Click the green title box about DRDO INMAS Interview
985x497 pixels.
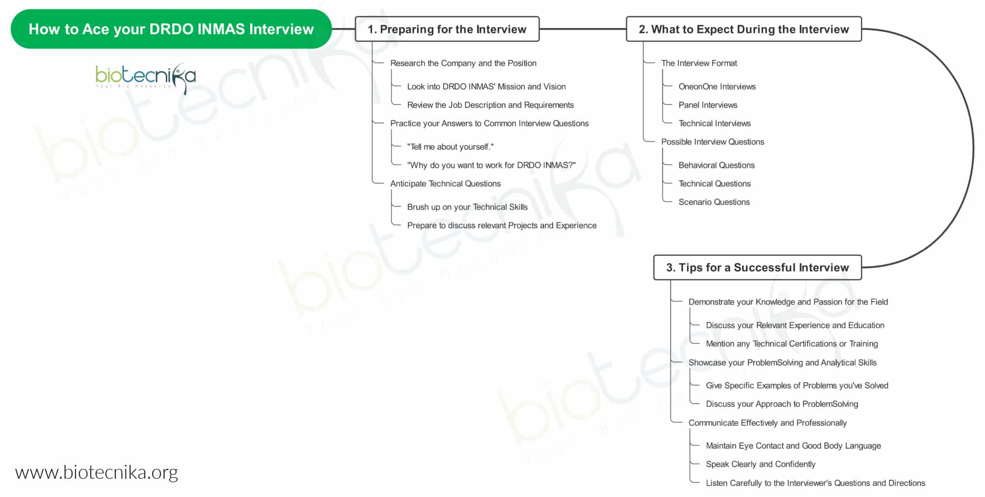171,29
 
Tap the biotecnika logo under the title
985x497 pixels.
146,77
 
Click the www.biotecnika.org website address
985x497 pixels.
97,472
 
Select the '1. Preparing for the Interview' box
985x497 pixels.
447,29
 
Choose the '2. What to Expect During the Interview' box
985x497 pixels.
744,29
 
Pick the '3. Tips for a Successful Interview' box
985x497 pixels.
757,267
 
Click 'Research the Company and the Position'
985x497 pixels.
463,63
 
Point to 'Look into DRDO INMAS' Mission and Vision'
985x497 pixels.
487,86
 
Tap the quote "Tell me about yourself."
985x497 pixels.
450,147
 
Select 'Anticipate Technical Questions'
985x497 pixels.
445,183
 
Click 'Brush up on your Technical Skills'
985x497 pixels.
467,207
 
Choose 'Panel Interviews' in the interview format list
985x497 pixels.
708,105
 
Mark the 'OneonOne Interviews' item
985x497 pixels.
717,86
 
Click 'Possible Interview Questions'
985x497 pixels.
713,142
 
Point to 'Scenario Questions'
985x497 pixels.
714,202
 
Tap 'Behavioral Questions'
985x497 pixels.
717,165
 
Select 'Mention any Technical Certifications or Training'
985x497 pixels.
792,344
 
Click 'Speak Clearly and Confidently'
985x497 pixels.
760,464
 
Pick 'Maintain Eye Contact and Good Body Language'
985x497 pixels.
793,446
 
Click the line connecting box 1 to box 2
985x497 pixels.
583,29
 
